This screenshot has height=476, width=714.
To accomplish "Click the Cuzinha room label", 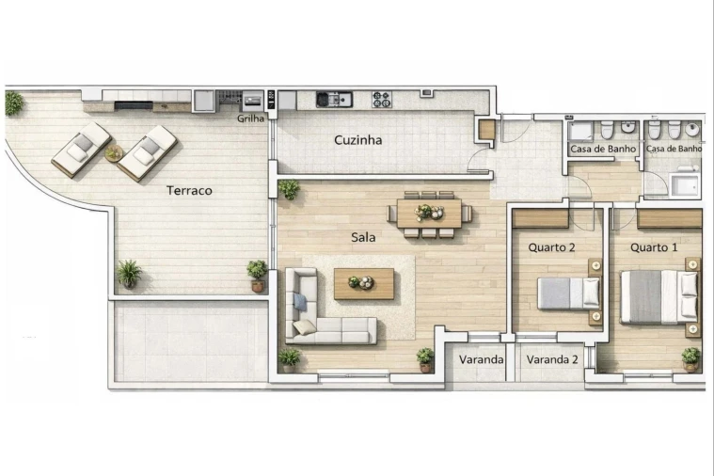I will tap(357, 140).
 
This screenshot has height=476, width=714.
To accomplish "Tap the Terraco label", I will tap(189, 190).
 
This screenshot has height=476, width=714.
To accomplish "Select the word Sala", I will tap(363, 237).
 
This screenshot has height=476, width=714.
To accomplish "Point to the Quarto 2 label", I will tap(552, 247).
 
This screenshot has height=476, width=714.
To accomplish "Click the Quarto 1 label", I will tap(654, 247).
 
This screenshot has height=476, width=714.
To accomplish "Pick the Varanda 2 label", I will tap(552, 359).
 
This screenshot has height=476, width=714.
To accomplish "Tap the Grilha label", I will tap(250, 119).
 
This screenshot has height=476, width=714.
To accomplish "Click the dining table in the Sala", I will tap(428, 214).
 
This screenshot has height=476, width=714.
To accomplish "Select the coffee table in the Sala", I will tap(364, 282).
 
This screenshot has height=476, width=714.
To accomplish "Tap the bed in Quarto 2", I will tap(568, 293).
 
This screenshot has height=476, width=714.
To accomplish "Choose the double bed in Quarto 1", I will tap(658, 296).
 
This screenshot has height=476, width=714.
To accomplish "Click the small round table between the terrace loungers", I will tap(114, 152).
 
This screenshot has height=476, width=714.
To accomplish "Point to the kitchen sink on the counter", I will tap(333, 99).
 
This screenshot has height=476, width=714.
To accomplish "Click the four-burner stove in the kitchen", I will tap(381, 99).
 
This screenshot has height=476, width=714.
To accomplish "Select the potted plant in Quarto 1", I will tap(690, 357).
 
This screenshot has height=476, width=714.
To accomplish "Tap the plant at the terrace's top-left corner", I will tap(13, 102).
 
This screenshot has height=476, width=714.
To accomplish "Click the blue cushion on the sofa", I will tap(300, 302).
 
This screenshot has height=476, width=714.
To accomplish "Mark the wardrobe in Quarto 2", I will tap(541, 218).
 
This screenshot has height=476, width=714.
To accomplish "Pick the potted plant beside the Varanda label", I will tap(425, 358).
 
